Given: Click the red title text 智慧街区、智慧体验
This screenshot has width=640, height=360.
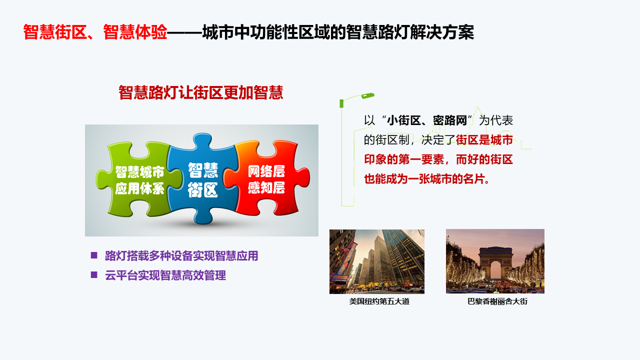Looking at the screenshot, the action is pyautogui.click(x=95, y=31).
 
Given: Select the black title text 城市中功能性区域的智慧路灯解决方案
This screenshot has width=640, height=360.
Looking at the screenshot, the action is pyautogui.click(x=338, y=31).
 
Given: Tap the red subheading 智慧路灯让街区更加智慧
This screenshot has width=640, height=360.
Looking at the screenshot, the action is pyautogui.click(x=201, y=92).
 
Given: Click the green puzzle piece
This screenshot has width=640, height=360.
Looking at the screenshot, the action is pyautogui.click(x=137, y=178).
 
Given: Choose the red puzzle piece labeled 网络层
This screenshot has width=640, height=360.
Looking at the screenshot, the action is pyautogui.click(x=267, y=178).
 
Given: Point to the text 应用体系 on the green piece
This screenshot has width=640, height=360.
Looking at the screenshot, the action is pyautogui.click(x=139, y=188).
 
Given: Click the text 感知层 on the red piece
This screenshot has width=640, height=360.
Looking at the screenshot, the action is pyautogui.click(x=266, y=187).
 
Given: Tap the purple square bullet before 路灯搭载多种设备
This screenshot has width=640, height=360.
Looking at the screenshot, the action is pyautogui.click(x=94, y=255).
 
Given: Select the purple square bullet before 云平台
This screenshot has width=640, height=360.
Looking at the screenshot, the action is pyautogui.click(x=94, y=275).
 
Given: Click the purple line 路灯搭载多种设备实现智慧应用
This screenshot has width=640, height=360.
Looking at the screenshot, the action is pyautogui.click(x=181, y=255).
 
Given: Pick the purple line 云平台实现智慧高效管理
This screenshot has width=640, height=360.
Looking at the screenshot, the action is pyautogui.click(x=165, y=275).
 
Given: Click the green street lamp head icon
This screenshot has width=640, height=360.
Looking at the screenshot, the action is pyautogui.click(x=367, y=95).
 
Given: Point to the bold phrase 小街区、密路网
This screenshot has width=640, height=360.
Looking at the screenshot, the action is pyautogui.click(x=427, y=120).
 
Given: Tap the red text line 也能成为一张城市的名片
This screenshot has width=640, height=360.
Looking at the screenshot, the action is pyautogui.click(x=427, y=179).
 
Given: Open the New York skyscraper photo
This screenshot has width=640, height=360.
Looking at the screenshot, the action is pyautogui.click(x=377, y=261).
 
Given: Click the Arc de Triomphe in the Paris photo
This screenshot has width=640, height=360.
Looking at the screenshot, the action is pyautogui.click(x=495, y=263).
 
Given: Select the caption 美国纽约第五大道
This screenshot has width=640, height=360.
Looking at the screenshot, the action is pyautogui.click(x=379, y=301).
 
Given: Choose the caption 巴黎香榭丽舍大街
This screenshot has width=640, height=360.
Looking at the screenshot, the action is pyautogui.click(x=497, y=301).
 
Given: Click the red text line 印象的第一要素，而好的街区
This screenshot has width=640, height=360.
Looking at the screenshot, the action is pyautogui.click(x=438, y=159).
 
